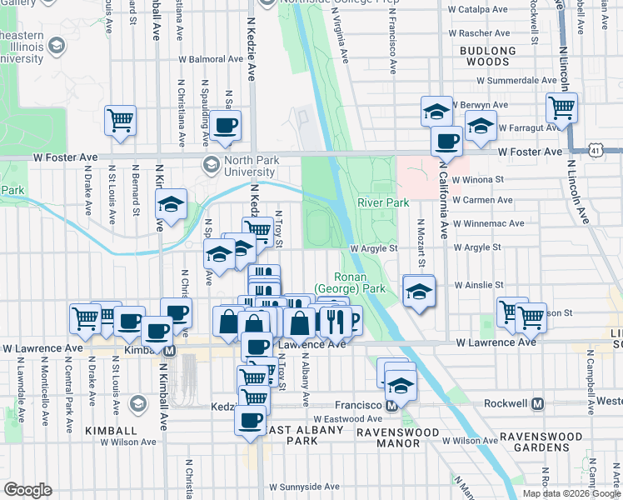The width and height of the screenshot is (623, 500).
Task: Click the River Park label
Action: [383, 202]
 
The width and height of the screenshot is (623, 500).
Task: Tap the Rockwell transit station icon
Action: [537, 403]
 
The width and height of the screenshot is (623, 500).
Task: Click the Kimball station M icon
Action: [169, 352]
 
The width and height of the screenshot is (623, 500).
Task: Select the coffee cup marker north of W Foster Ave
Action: [225, 126]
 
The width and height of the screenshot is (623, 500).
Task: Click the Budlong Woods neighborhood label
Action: [483, 56]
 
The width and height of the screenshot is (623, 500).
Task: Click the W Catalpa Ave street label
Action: [477, 10]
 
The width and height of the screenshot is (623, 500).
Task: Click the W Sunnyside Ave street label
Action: [303, 487]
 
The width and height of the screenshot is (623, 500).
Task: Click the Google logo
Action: [27, 489]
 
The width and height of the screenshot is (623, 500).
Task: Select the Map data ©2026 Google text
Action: [571, 493]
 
